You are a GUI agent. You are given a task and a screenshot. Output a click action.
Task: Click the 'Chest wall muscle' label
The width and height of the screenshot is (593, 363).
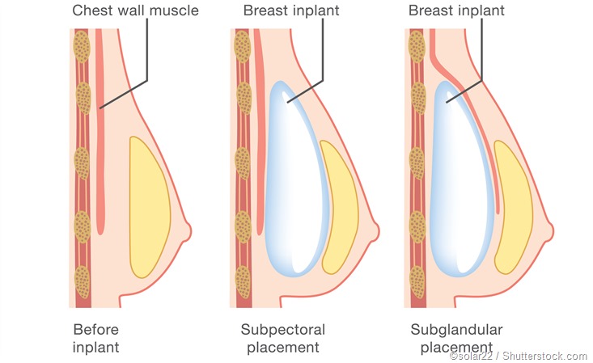(x=135, y=11)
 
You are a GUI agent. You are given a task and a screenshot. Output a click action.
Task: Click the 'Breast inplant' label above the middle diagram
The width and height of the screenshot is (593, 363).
(x=290, y=11)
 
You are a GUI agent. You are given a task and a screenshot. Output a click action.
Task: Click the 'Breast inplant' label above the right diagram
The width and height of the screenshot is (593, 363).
(x=456, y=11)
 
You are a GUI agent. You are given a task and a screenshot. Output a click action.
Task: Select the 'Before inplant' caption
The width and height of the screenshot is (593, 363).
(x=95, y=338)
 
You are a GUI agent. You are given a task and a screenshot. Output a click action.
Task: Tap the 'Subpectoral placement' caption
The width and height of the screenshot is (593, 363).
(x=282, y=338)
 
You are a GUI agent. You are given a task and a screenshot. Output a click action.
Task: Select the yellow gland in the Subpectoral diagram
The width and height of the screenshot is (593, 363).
(x=339, y=208)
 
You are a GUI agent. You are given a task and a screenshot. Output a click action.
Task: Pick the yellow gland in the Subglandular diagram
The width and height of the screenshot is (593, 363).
(x=513, y=208)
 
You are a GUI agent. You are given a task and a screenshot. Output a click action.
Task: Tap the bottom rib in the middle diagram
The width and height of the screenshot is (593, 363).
(x=243, y=281)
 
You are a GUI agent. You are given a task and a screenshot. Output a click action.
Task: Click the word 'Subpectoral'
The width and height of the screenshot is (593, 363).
(x=282, y=330)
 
